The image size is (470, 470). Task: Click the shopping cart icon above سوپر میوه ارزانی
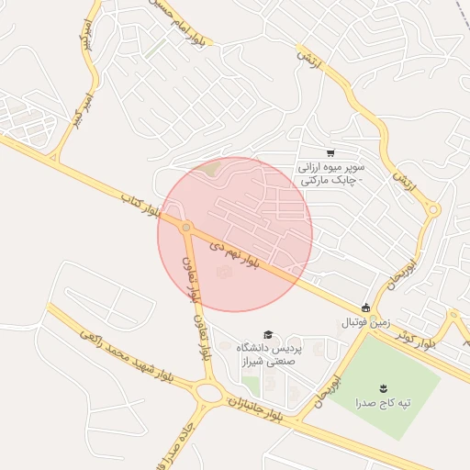pyautogui.click(x=330, y=154)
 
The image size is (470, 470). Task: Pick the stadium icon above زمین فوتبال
pyautogui.click(x=366, y=308)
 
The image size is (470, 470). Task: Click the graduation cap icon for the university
pyautogui.click(x=268, y=334)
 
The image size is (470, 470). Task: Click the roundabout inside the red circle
pyautogui.click(x=186, y=227)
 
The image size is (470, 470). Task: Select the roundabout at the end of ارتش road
pyautogui.click(x=433, y=211)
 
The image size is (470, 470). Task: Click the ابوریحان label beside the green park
pyautogui.click(x=330, y=391)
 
